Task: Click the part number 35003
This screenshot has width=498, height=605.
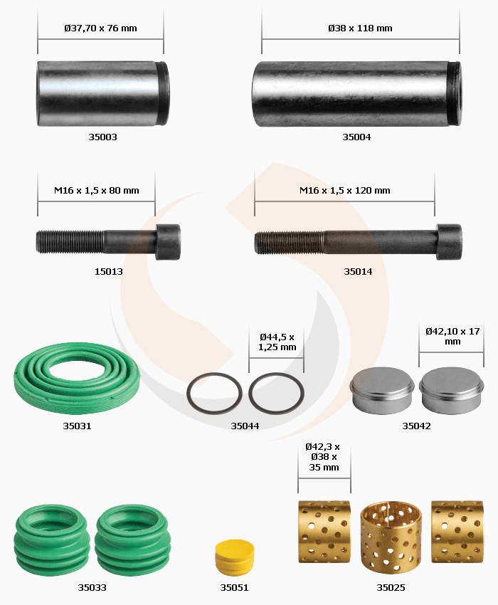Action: pos(102,137)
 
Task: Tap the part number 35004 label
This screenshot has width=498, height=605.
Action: pos(356,137)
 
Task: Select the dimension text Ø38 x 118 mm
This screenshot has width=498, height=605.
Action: pos(360,28)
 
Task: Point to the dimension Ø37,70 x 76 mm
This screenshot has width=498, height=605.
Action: pos(101,28)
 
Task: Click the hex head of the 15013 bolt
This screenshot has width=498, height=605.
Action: pos(168,242)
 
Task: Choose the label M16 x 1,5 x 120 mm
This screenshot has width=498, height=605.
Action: pos(345,191)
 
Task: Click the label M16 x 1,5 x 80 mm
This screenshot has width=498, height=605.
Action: pos(97,191)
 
